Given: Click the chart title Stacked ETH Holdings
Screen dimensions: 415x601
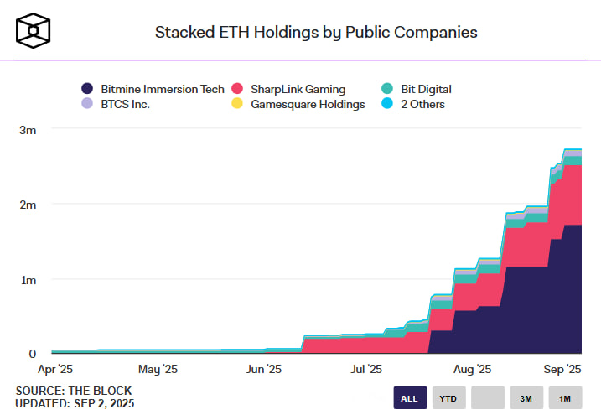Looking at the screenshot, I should tap(316, 32).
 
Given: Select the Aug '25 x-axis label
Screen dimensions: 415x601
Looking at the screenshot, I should tap(473, 368).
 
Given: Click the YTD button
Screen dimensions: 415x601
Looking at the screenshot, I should tap(448, 398).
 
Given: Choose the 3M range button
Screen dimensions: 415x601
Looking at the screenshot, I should tap(526, 398).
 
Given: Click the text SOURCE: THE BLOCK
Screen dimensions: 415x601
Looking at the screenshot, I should tap(74, 391).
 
